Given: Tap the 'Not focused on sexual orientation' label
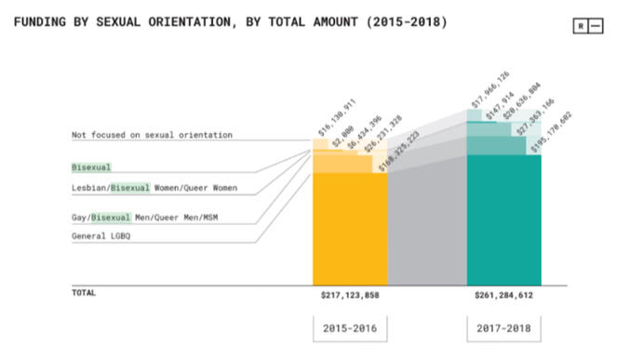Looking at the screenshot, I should tap(152, 136).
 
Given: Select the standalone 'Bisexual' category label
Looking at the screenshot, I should tap(91, 167).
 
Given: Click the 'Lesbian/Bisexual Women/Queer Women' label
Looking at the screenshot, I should tap(154, 189).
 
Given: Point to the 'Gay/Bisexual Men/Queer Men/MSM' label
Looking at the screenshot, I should tap(152, 218).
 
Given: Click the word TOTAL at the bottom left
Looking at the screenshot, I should tap(84, 292).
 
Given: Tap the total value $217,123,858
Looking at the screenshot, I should tap(350, 294).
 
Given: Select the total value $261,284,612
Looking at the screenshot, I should tap(503, 294).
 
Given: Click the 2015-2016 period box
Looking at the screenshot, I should tap(350, 329).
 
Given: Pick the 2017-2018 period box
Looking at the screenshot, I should tap(503, 329).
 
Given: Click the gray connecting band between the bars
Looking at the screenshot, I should tap(426, 223).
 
